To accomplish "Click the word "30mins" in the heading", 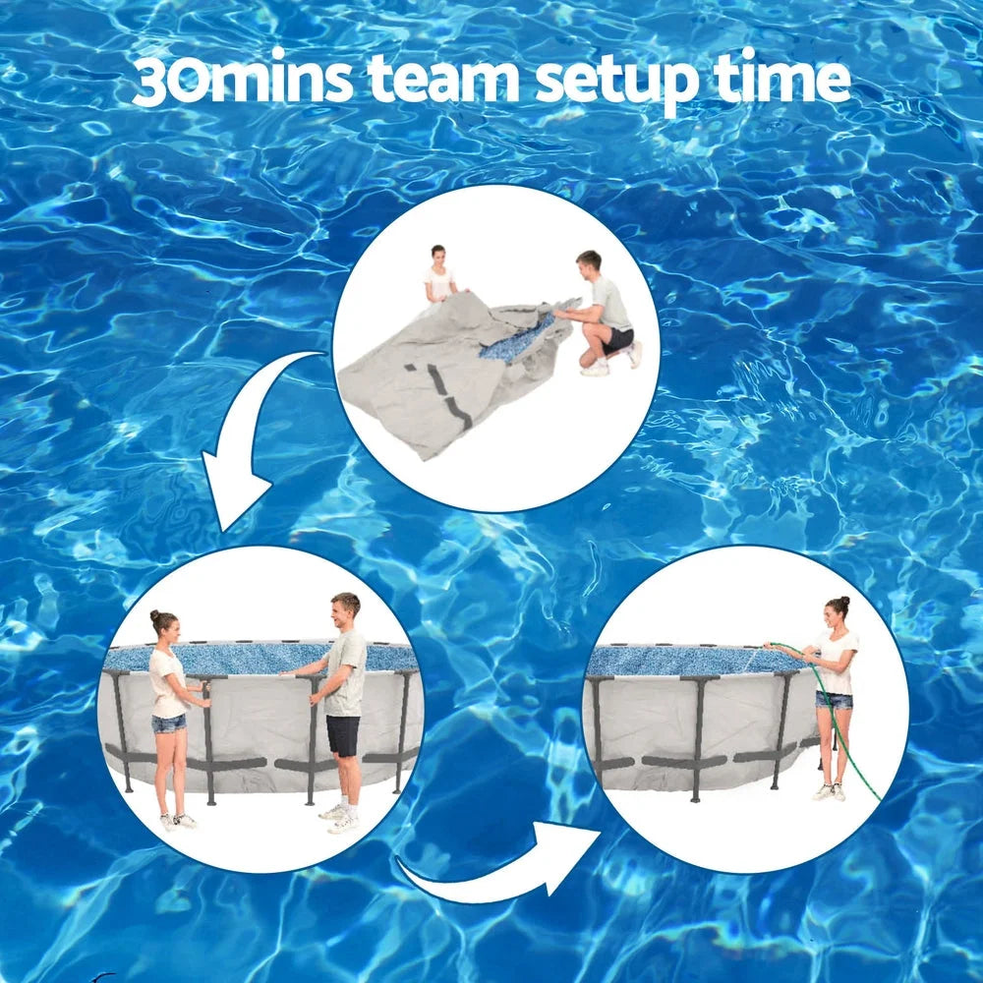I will tap(240, 81).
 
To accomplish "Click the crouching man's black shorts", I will tap(618, 339).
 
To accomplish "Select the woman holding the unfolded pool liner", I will tap(439, 275).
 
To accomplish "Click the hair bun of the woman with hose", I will tap(842, 601).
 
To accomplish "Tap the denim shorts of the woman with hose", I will tap(834, 699).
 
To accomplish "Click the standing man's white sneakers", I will tap(339, 818).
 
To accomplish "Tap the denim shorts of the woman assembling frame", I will tap(168, 723).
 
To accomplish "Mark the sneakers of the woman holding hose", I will tap(830, 791).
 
